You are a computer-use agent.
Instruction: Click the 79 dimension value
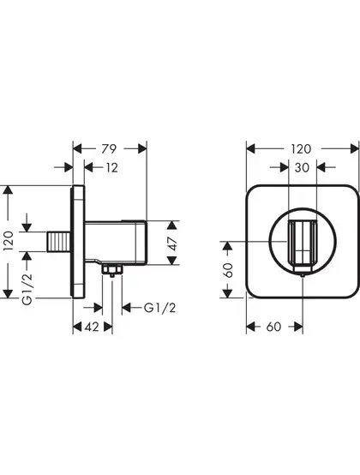[108, 148]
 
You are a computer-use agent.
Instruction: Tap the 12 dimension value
[111, 167]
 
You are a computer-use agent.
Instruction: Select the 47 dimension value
[172, 244]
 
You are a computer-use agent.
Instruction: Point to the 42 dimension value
[92, 327]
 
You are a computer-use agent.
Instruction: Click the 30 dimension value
[302, 167]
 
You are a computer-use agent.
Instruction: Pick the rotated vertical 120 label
[9, 241]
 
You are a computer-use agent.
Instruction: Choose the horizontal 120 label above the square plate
[301, 148]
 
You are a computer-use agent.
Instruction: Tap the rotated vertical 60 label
[228, 270]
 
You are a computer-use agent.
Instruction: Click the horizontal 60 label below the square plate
[273, 327]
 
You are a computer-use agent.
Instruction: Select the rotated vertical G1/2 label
[27, 288]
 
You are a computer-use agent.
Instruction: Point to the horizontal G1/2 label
[159, 308]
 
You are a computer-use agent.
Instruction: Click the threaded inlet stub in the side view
[59, 242]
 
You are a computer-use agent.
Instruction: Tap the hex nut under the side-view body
[112, 269]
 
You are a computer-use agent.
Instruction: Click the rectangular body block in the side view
[116, 242]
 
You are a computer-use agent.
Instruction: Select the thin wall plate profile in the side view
[78, 242]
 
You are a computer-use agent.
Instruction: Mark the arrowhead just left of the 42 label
[77, 327]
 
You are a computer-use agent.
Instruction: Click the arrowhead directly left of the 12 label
[88, 167]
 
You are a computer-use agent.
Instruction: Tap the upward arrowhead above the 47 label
[172, 225]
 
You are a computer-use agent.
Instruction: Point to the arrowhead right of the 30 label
[321, 167]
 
